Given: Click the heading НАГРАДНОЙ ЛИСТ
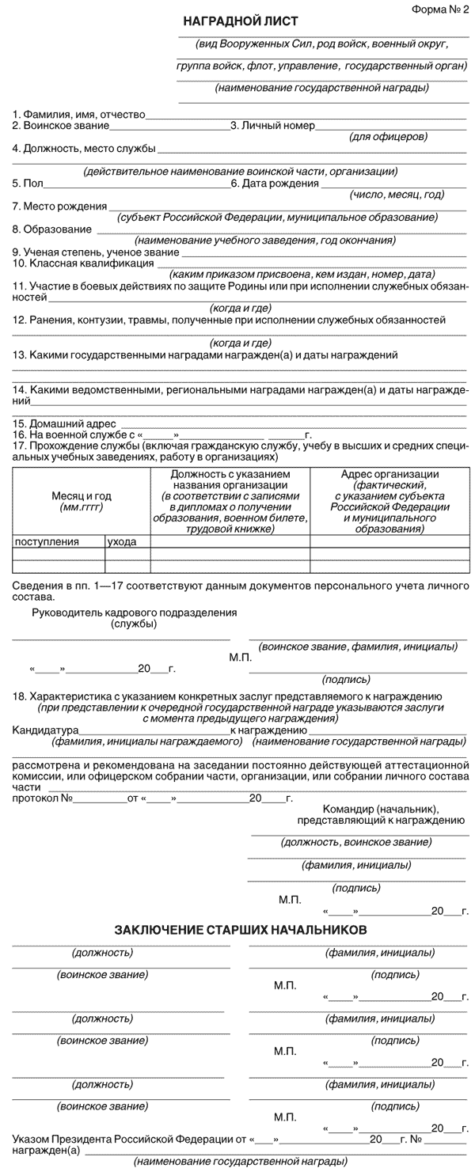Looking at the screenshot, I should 240,21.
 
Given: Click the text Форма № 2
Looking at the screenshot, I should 440,9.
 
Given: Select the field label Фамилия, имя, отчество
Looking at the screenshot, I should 84,115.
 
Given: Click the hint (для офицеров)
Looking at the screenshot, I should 388,136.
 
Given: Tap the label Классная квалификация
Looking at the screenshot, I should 82,263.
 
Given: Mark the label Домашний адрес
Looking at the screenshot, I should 64,423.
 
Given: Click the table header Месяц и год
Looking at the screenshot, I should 82,495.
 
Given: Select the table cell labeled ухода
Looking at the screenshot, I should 122,542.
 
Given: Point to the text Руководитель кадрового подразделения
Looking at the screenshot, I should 135,613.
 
